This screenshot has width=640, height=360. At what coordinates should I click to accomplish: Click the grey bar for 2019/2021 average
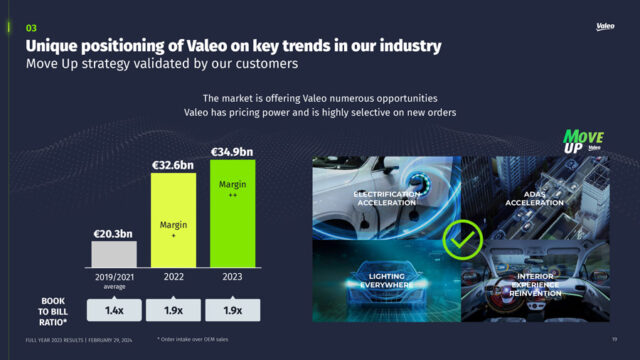[x=114, y=254]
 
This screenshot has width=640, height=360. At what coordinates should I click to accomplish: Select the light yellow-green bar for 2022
[x=174, y=220]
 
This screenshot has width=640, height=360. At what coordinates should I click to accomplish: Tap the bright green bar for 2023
[x=233, y=214]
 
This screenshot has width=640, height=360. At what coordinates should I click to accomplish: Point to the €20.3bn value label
[x=114, y=233]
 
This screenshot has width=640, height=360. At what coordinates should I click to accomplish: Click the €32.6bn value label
[x=174, y=165]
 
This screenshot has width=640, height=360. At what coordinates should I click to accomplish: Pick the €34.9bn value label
[x=233, y=152]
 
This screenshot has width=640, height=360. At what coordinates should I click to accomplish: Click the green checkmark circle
[x=463, y=240]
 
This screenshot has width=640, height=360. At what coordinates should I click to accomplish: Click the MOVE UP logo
[x=584, y=139]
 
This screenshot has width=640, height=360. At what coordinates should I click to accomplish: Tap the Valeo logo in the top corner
[x=605, y=26]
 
